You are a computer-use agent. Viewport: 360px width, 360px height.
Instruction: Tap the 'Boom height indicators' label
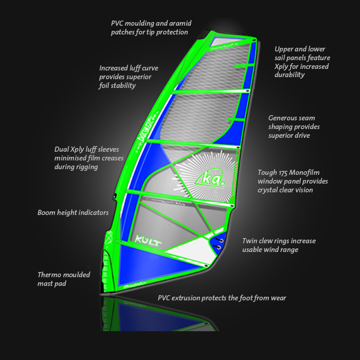pos(73,212)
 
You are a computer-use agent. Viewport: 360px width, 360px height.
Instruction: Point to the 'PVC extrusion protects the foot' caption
pos(222,298)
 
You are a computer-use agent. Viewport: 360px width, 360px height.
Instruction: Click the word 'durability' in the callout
pos(290,75)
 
